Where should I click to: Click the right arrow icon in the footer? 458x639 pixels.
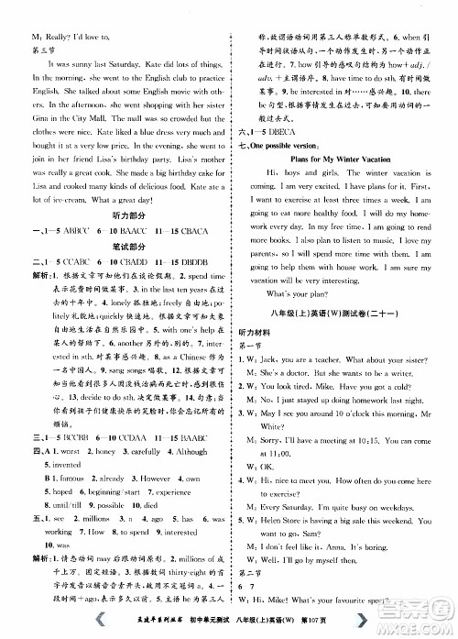365,619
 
